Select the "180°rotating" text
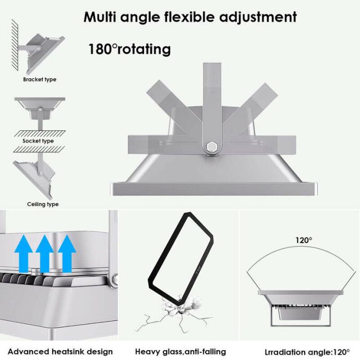click(129, 50)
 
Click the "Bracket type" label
click(40, 80)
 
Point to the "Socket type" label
click(39, 141)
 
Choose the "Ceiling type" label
click(43, 204)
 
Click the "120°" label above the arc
click(304, 240)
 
